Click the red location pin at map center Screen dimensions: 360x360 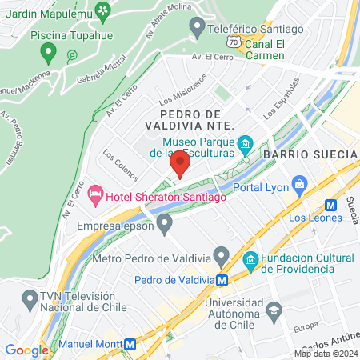tap(179, 165)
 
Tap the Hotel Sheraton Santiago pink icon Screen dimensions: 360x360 tap(95, 193)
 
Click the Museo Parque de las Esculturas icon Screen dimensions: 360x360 tap(246, 144)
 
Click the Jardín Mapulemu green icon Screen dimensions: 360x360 tap(102, 10)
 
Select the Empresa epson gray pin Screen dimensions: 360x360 tap(165, 222)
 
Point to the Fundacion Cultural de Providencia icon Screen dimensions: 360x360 tap(250, 259)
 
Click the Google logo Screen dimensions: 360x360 tap(26, 350)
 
